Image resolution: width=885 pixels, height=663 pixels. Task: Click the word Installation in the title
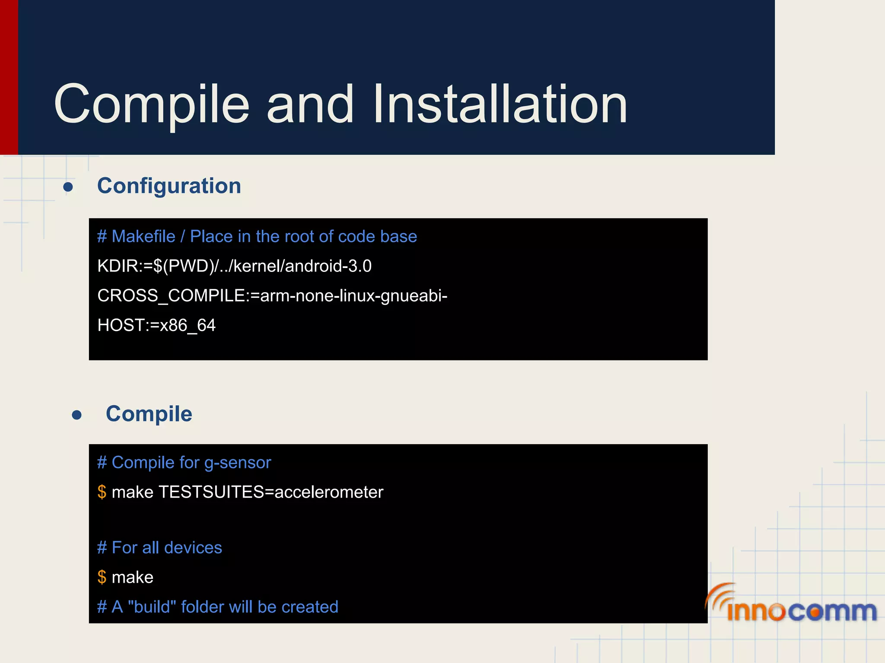[500, 104]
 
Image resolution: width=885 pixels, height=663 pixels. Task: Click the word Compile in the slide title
[151, 105]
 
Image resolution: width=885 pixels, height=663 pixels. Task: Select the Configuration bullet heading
[169, 186]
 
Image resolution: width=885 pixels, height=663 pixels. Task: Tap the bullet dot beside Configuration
[68, 187]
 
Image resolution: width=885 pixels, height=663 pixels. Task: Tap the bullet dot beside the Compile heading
[77, 415]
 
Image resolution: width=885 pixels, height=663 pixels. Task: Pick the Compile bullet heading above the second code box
[149, 414]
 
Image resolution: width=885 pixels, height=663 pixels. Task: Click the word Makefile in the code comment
[143, 237]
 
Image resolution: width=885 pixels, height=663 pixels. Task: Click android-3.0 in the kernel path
[328, 266]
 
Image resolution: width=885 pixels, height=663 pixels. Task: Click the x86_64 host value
[188, 325]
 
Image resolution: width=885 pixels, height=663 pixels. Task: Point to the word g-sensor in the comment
[238, 463]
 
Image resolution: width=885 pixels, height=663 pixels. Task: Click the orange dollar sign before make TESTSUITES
[102, 492]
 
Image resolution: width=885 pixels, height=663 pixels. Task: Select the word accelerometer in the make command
[329, 492]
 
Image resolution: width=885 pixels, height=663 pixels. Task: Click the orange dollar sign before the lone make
[102, 577]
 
